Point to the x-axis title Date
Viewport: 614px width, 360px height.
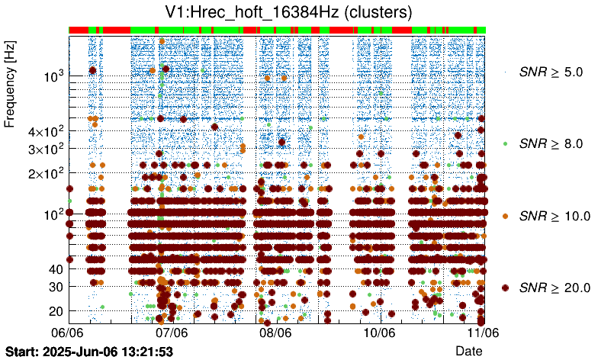click(x=468, y=350)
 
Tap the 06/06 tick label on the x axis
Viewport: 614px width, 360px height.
click(x=67, y=333)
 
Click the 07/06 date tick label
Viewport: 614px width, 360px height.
click(x=172, y=333)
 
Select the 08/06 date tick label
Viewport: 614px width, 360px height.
click(x=275, y=333)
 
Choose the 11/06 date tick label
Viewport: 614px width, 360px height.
click(x=483, y=333)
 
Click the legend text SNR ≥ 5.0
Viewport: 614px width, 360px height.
click(x=550, y=72)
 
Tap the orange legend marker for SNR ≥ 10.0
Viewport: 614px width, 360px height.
click(x=506, y=216)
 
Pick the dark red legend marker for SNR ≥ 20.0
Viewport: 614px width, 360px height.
click(x=506, y=288)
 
